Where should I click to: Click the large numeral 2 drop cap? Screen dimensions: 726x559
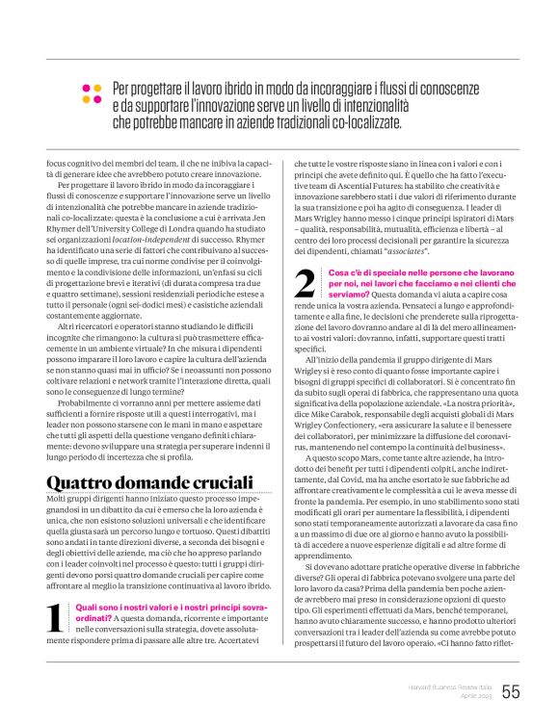(x=304, y=283)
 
